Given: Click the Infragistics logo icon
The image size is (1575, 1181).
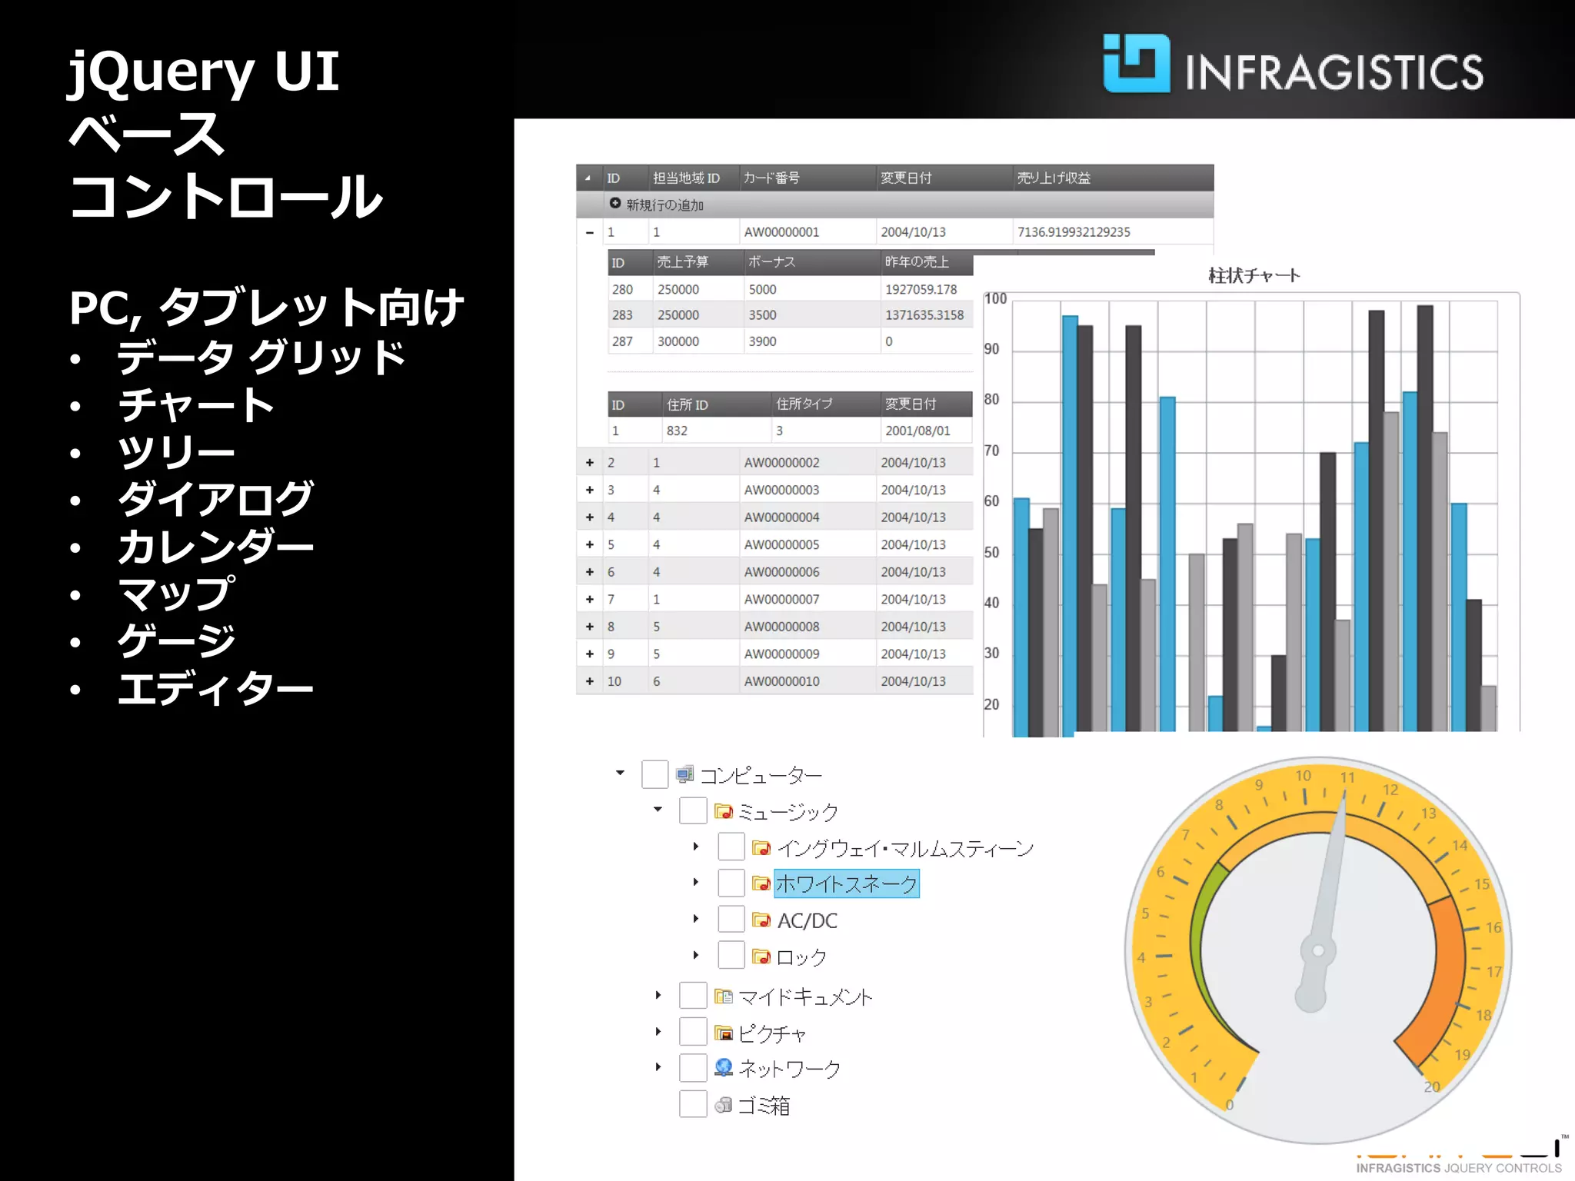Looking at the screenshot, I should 1136,64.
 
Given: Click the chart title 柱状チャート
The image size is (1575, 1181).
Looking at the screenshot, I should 1254,275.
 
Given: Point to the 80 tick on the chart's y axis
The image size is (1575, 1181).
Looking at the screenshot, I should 992,400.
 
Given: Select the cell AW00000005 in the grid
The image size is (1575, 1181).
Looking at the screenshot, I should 781,544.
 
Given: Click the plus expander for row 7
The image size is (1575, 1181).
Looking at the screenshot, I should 590,599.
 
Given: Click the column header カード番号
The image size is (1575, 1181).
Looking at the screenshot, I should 771,178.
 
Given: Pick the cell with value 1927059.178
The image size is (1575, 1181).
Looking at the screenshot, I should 921,289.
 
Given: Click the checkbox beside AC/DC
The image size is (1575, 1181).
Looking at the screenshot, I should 731,919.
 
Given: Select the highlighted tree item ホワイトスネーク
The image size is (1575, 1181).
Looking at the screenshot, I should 846,883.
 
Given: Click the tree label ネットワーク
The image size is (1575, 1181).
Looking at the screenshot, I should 789,1068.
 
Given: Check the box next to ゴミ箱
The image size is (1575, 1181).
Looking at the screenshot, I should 693,1104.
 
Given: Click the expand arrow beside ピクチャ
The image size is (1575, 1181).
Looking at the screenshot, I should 658,1031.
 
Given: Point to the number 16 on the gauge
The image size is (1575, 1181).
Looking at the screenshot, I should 1493,927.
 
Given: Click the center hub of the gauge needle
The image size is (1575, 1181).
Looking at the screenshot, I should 1318,950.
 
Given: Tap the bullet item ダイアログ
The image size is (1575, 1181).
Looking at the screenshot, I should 215,499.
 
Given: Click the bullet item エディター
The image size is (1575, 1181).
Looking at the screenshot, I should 215,688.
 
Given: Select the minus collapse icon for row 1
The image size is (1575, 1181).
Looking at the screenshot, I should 590,232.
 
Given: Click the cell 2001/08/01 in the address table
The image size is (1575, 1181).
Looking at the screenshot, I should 917,431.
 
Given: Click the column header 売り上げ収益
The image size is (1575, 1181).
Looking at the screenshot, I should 1054,178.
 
